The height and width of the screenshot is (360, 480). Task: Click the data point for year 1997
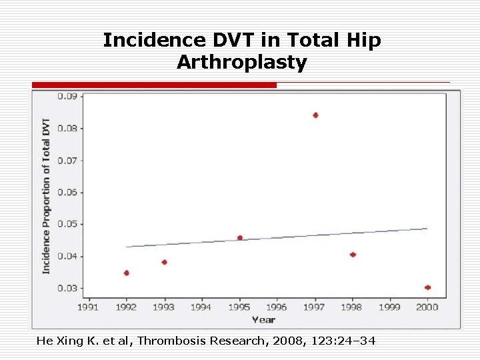coord(315,115)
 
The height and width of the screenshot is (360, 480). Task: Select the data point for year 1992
coord(127,273)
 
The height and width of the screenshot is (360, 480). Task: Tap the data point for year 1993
coord(164,262)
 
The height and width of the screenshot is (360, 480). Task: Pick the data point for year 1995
coord(240,238)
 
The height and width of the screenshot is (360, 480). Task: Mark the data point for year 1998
coord(353,255)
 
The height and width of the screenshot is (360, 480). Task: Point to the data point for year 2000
coord(427,287)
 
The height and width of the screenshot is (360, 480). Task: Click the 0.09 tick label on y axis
coord(66,96)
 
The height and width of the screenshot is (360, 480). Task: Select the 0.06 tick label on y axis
coord(66,192)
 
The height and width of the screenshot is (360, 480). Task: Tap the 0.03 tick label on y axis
coord(66,288)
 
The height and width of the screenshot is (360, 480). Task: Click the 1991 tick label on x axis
coord(89,307)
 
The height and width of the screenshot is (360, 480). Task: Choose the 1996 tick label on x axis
coord(277,307)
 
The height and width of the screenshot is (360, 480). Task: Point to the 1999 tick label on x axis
coord(390,307)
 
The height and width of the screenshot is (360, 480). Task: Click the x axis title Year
coord(263,319)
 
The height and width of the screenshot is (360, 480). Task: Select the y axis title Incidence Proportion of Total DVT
coord(46,196)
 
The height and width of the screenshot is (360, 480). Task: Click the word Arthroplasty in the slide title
coord(241,63)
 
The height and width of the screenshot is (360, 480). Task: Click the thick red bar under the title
coord(154,85)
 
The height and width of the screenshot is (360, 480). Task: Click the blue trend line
coord(277,238)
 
